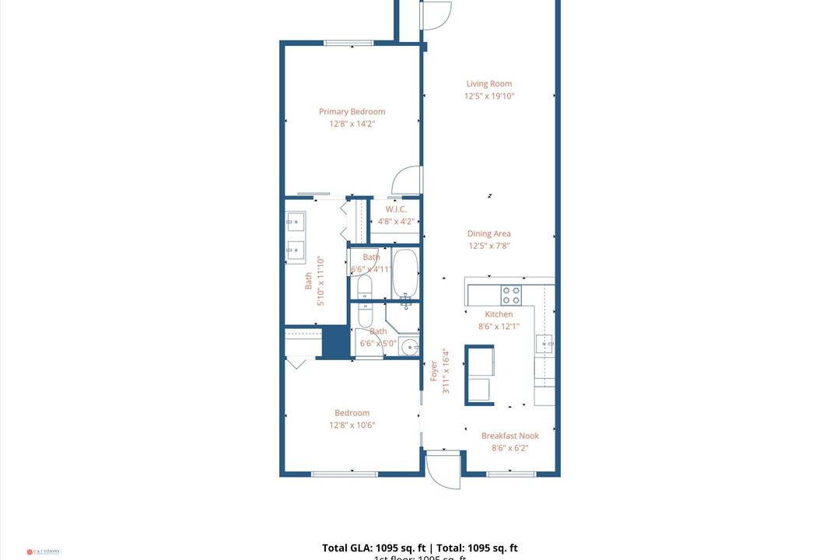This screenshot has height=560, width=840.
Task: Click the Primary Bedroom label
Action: click(x=352, y=111)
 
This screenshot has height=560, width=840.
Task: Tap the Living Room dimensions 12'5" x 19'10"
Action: click(x=489, y=96)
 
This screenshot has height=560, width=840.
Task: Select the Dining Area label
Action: click(x=489, y=233)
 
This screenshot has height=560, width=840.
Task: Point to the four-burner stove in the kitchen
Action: click(x=510, y=295)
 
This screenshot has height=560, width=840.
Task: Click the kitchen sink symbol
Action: click(x=545, y=343)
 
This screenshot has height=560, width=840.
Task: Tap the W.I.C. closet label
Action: click(x=396, y=209)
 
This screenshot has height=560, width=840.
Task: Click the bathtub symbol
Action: click(x=405, y=273)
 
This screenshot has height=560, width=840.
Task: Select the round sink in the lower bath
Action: click(x=409, y=346)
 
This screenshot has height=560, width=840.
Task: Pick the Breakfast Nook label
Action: click(x=509, y=436)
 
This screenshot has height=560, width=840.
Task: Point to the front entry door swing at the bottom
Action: click(x=443, y=470)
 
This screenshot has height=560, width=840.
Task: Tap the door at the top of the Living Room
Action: click(x=436, y=15)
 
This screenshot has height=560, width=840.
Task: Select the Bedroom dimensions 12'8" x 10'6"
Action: click(x=352, y=425)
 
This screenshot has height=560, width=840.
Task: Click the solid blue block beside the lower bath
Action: click(x=336, y=342)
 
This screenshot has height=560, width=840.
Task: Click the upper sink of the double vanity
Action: click(x=295, y=222)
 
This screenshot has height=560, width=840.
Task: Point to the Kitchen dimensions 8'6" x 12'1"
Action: click(x=499, y=327)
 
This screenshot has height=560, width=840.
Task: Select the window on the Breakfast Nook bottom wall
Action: click(x=510, y=473)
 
